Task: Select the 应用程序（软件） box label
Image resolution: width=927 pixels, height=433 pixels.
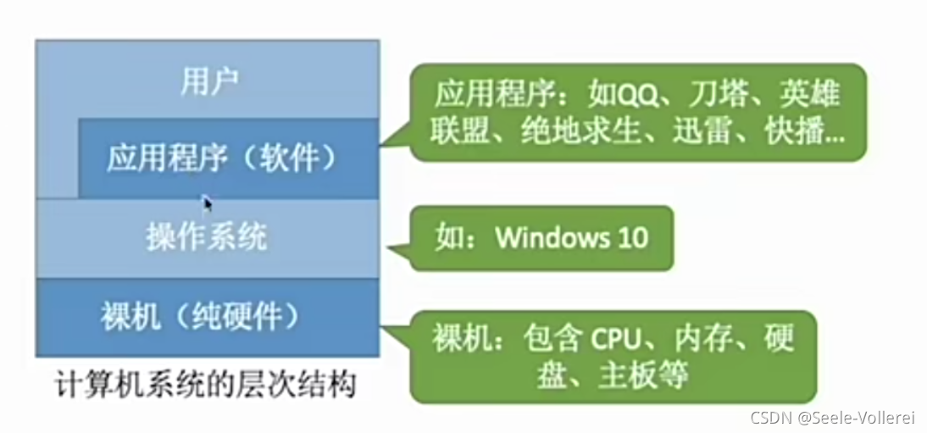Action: pyautogui.click(x=222, y=158)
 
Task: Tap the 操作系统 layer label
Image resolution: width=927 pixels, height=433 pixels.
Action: pyautogui.click(x=206, y=236)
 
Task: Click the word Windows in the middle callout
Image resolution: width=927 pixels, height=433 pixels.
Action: pyautogui.click(x=549, y=236)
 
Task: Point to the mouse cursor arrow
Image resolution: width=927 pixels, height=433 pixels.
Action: pyautogui.click(x=207, y=203)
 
